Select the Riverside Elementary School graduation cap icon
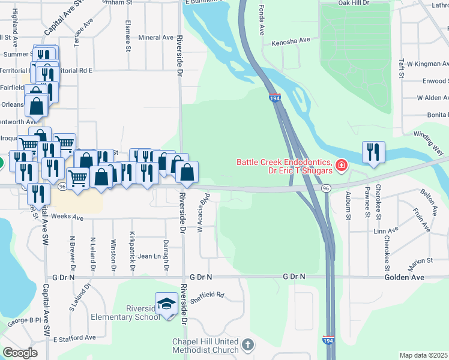pyautogui.click(x=166, y=304)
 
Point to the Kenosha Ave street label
pyautogui.click(x=291, y=41)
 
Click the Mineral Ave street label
pyautogui.click(x=155, y=37)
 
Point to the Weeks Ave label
pyautogui.click(x=67, y=217)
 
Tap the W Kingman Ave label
pyautogui.click(x=427, y=63)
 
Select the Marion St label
pyautogui.click(x=421, y=261)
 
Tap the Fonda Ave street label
pyautogui.click(x=261, y=21)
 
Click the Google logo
pyautogui.click(x=20, y=352)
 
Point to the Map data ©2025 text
pyautogui.click(x=424, y=355)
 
